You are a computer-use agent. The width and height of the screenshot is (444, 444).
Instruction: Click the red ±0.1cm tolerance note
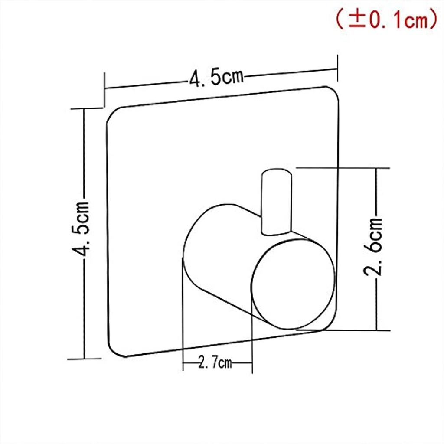pos(387,19)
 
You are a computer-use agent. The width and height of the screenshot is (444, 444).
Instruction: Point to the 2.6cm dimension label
pos(373,246)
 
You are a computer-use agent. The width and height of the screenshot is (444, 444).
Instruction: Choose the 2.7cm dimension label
pos(215,362)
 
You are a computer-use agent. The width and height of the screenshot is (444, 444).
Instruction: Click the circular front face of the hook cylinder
pos(293,284)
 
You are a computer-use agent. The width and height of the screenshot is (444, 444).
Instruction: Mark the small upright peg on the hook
pos(276,202)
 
